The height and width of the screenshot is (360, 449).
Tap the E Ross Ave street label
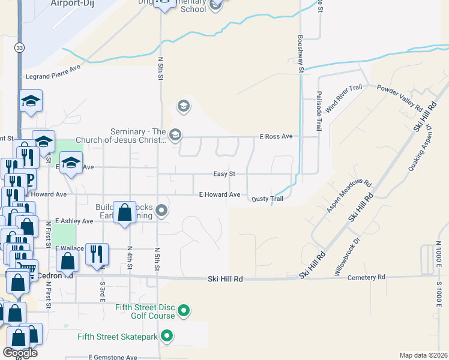click(276, 137)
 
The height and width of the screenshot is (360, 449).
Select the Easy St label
click(224, 174)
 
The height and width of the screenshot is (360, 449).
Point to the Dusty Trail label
click(267, 199)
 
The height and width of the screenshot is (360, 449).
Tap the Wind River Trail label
click(344, 99)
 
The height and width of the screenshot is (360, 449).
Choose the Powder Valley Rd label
click(400, 97)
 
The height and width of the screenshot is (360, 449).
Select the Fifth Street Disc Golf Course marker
click(185, 311)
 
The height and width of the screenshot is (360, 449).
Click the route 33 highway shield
click(20, 47)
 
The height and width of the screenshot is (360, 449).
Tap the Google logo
click(20, 352)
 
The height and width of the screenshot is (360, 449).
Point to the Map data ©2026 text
click(424, 355)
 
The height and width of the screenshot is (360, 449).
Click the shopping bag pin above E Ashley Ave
click(124, 212)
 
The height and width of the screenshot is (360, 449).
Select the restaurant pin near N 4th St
click(96, 254)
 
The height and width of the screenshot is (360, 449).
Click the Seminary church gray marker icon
click(175, 134)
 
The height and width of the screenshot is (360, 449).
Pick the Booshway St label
click(301, 54)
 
